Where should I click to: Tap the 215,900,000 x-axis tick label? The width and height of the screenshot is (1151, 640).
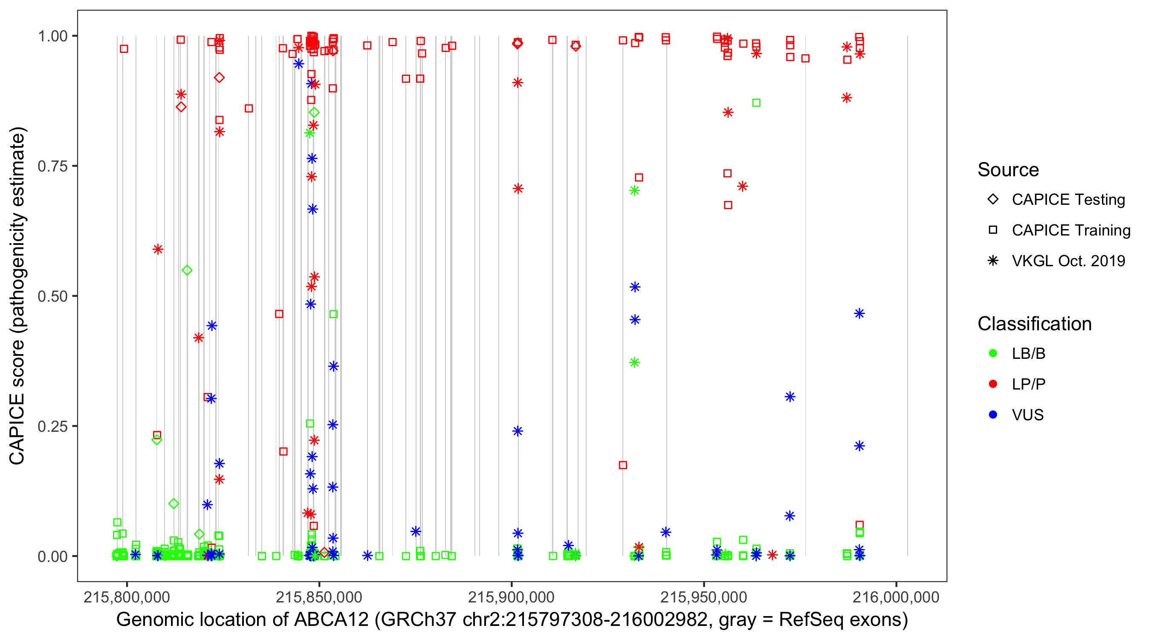click(511, 597)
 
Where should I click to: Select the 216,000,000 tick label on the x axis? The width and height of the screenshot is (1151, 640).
click(896, 597)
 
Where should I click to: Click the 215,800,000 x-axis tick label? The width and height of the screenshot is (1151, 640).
click(127, 597)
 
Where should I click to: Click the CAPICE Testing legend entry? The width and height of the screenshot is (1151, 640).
click(1068, 200)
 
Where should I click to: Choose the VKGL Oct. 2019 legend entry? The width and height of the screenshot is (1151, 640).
click(1068, 261)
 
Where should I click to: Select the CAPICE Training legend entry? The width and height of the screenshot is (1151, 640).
click(1070, 230)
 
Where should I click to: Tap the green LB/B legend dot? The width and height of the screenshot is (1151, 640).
click(993, 353)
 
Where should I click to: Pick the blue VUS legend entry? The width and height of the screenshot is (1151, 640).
click(1027, 415)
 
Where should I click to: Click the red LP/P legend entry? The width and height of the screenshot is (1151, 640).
click(1028, 384)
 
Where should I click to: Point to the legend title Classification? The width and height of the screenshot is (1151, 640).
click(1034, 324)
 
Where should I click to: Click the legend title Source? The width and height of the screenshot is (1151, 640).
click(1008, 170)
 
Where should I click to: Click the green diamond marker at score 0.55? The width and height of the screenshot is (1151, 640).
click(187, 270)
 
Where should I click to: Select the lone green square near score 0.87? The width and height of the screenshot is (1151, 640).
click(756, 103)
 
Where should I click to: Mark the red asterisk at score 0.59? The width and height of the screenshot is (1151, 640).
click(158, 249)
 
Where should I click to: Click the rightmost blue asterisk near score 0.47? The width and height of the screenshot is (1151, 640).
click(859, 314)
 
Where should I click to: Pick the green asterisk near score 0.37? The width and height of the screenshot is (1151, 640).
click(634, 362)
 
